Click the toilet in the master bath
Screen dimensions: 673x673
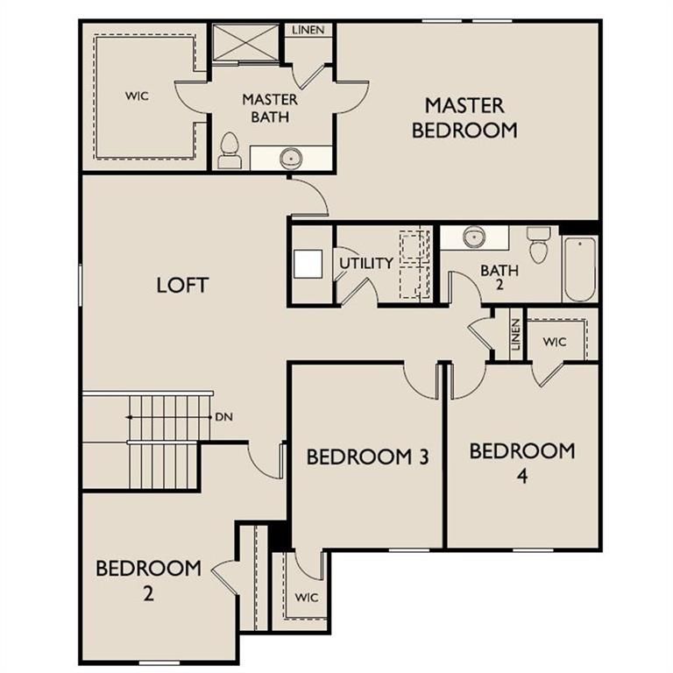coord(230,150)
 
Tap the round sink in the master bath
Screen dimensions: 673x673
coord(292,158)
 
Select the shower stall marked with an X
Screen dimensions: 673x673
coord(246,42)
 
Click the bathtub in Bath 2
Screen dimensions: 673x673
coord(579,270)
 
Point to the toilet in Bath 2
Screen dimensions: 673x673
coord(538,244)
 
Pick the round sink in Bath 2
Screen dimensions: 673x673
coord(474,237)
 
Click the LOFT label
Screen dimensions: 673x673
coord(182,285)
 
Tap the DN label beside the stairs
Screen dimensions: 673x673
coord(224,417)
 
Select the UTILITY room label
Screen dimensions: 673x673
coord(366,263)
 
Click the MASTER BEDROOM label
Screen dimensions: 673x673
coord(464,118)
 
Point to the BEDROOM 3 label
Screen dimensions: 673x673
coord(368,457)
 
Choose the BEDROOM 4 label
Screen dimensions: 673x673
coord(522,463)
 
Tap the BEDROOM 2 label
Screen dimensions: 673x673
coord(148,581)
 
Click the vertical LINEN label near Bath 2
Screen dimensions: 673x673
coord(516,335)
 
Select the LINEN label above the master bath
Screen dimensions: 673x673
coord(308,30)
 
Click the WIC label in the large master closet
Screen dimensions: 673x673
coord(138,96)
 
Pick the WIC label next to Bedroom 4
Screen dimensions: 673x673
coord(555,342)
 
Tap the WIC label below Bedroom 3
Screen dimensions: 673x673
coord(307,597)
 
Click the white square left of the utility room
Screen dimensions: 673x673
coord(308,264)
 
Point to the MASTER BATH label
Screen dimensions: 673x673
coord(270,108)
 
